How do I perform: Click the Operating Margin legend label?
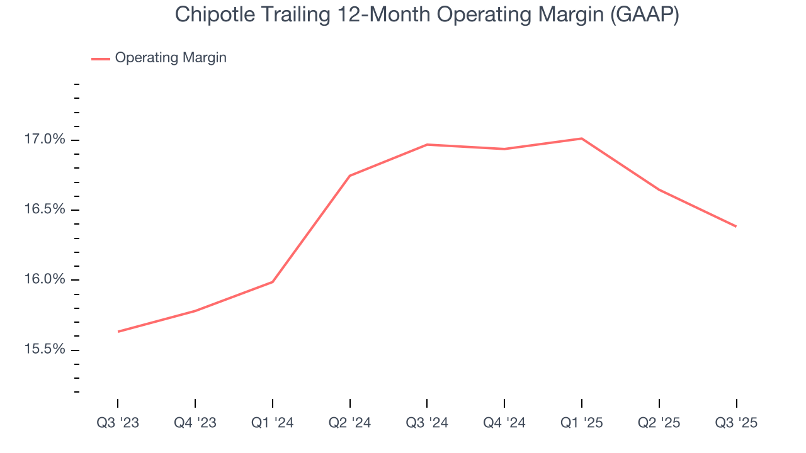point(171,58)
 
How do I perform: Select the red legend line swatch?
point(101,59)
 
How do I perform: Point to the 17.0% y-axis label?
point(45,140)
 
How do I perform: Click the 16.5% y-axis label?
point(45,210)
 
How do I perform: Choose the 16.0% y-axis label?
point(45,280)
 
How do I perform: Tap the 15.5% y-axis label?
point(45,350)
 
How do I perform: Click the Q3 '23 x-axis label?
point(118,423)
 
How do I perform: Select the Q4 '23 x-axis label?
point(195,423)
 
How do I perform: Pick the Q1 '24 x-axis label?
point(272,423)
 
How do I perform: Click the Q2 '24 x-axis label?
point(349,423)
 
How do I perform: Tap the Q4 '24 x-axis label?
point(504,423)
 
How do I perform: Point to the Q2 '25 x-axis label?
point(659,423)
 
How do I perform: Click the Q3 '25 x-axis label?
point(736,423)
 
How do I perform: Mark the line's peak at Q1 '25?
point(581,138)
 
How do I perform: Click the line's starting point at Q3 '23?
point(118,332)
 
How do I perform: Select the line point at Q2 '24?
point(349,176)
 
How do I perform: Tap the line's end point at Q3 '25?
point(736,226)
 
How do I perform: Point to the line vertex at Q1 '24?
point(272,282)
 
